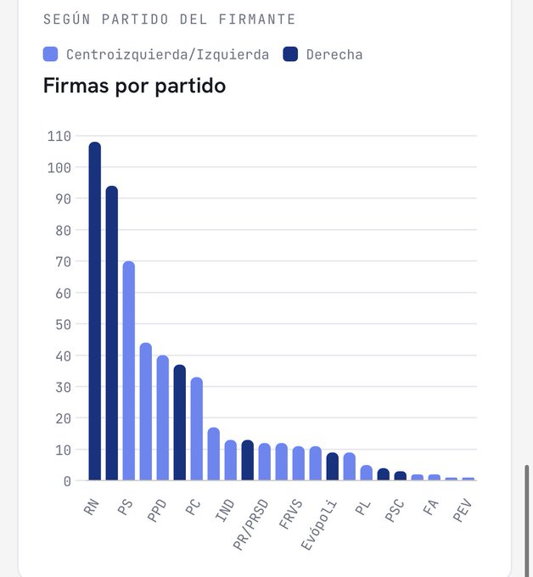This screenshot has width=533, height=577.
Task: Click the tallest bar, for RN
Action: (x=94, y=311)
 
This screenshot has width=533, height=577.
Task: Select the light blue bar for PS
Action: (x=129, y=371)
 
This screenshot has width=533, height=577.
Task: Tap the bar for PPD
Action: (x=163, y=417)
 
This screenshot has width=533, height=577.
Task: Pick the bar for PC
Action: (x=197, y=429)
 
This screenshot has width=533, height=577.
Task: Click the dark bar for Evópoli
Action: (x=333, y=466)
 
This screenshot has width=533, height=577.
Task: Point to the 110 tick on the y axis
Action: (x=59, y=136)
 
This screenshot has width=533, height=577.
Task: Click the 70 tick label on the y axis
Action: (x=64, y=261)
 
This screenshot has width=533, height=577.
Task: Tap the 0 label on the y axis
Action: (x=67, y=481)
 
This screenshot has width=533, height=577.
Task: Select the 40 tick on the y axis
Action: (x=64, y=356)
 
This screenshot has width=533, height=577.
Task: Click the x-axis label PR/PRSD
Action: (x=250, y=524)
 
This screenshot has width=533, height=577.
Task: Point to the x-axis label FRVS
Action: (x=290, y=513)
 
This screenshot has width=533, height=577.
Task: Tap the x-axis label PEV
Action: (x=462, y=510)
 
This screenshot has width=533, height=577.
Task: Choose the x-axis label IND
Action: (x=225, y=510)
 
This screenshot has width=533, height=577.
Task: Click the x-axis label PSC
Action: (x=394, y=511)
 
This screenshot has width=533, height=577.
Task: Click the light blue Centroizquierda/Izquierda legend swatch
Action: (x=50, y=54)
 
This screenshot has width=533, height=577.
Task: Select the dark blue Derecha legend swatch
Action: (x=290, y=54)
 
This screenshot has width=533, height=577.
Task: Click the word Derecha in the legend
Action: (x=334, y=55)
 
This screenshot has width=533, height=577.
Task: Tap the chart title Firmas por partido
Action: (x=134, y=86)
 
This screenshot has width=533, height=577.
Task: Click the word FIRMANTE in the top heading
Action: (x=257, y=20)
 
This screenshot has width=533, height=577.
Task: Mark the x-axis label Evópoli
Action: (x=319, y=524)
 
